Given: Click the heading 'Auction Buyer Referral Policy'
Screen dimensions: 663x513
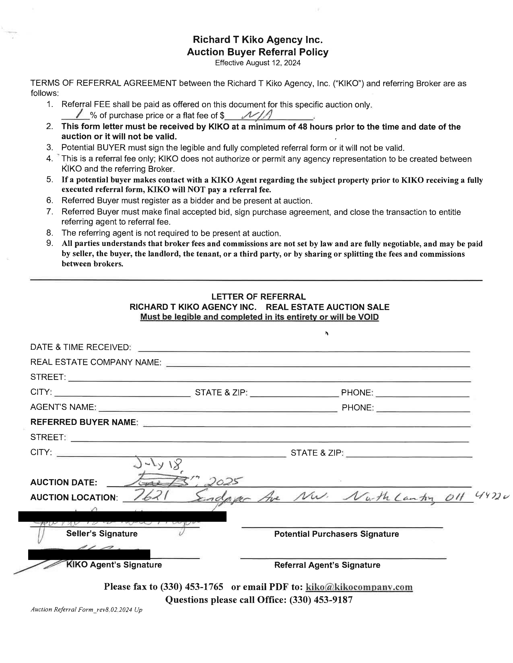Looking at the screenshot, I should (258, 52).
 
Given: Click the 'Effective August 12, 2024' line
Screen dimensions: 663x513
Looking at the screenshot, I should (258, 63).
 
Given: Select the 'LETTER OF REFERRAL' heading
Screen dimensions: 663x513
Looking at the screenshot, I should (258, 297).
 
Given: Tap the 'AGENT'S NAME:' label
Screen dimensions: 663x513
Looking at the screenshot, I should (63, 407).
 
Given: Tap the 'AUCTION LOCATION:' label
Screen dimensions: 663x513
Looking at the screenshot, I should (74, 497).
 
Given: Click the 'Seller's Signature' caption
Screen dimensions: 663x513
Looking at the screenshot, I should (102, 533).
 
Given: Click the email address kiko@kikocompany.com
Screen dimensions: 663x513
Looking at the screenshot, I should (359, 587).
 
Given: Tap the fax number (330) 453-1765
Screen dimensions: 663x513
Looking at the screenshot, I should (192, 586).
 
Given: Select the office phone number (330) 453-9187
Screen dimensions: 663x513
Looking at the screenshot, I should (321, 600).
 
